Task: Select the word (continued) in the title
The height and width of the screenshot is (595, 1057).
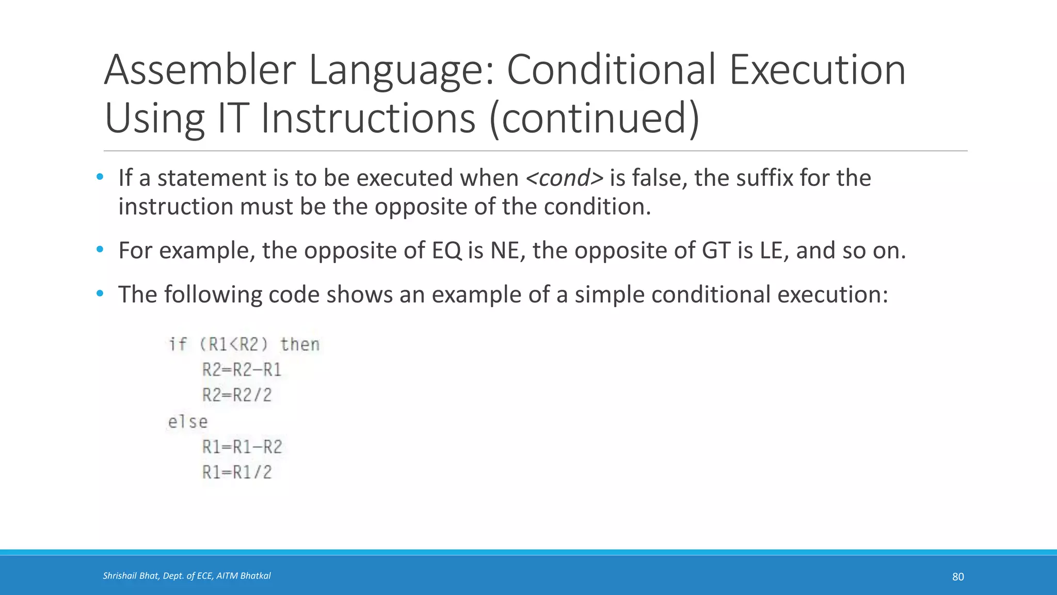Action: coord(594,118)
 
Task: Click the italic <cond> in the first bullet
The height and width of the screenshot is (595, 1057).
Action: coord(564,178)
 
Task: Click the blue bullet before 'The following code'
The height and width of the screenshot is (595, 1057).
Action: coord(100,294)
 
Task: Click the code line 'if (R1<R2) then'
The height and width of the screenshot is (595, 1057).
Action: coord(244,345)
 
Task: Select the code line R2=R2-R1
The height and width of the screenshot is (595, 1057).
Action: coord(242,370)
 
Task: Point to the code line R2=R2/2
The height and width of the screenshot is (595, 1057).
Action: coord(237,395)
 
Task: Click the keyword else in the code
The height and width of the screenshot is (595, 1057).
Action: coord(188,422)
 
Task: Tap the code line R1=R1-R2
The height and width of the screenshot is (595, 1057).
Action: coord(242,447)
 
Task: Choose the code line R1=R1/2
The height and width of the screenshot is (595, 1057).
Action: coord(237,472)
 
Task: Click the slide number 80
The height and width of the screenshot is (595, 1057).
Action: coord(958,577)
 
